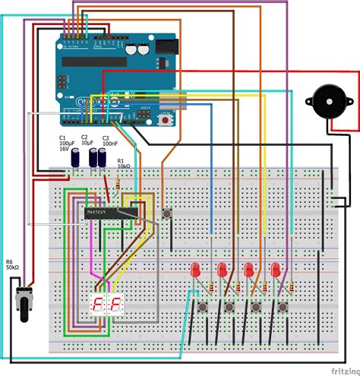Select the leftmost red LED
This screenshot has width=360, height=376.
coord(196,270)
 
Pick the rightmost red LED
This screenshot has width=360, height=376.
coord(276,270)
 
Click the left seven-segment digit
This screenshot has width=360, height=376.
coord(97,306)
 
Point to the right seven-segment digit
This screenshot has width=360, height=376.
coord(116,306)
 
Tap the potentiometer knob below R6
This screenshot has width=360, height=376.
coord(21,302)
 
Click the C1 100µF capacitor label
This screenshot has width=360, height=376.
coord(65,144)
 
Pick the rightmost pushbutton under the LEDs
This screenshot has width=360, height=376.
coord(283,306)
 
